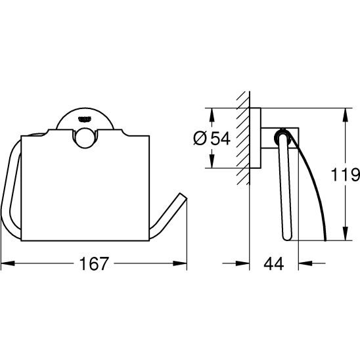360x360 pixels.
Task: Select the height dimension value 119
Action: (x=348, y=175)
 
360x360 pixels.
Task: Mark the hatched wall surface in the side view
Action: (x=244, y=138)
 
